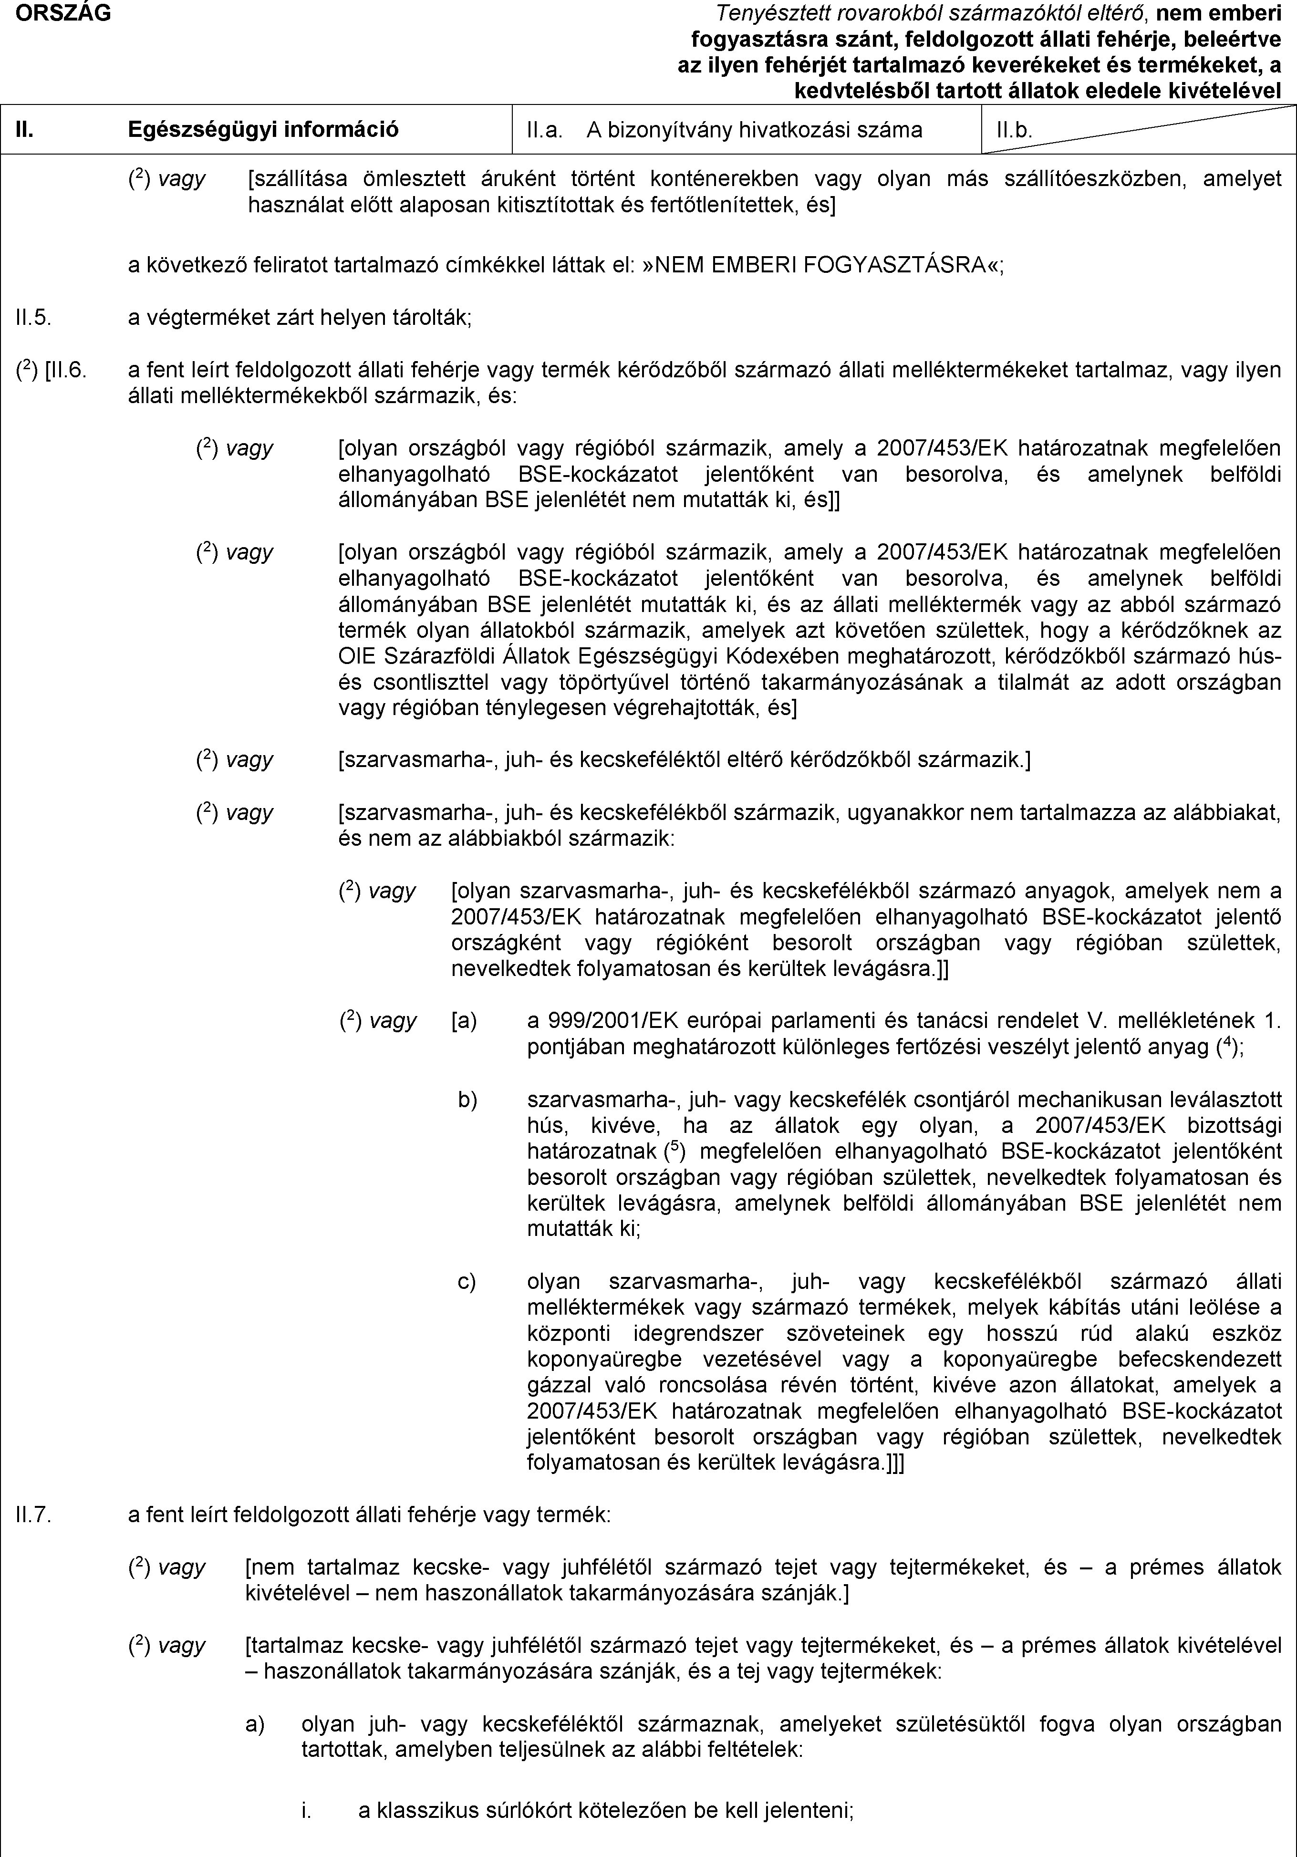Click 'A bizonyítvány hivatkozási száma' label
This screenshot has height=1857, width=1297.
click(755, 129)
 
